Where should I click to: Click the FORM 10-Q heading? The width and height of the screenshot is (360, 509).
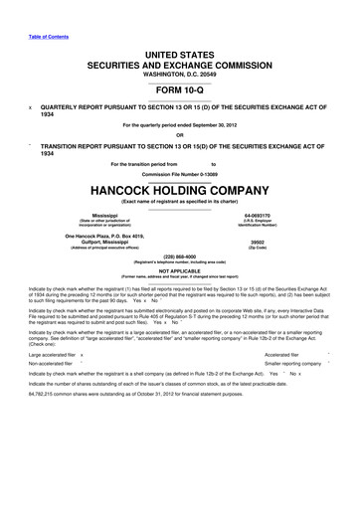click(180, 90)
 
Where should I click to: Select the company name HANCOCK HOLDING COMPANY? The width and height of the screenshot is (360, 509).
click(180, 191)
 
